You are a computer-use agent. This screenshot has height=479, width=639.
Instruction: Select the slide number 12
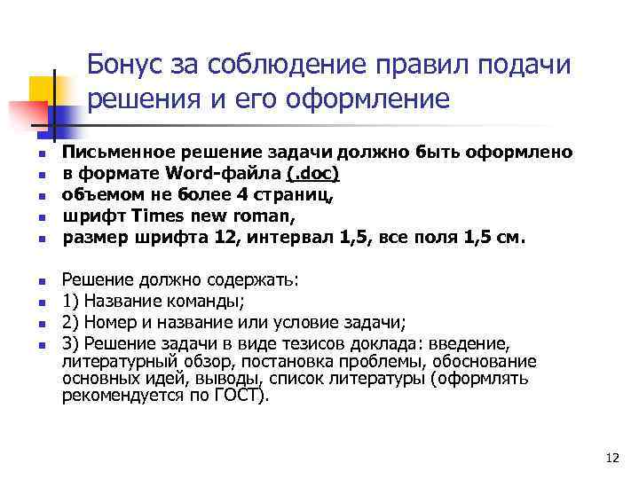click(611, 458)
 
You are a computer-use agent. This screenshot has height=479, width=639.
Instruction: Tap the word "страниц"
click(269, 194)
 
